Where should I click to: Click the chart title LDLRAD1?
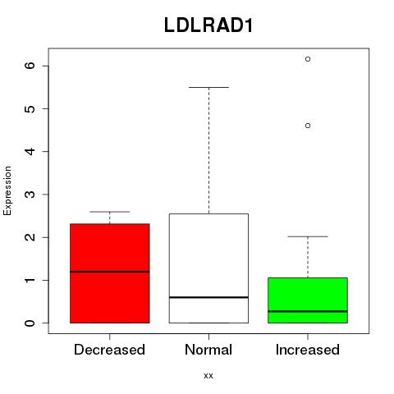[x=208, y=25]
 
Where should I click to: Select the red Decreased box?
[x=110, y=273]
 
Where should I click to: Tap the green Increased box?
[x=308, y=300]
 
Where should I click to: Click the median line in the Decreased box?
[x=110, y=272]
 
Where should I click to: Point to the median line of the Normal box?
[x=208, y=297]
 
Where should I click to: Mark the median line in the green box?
[x=308, y=311]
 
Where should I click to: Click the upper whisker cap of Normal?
[x=208, y=87]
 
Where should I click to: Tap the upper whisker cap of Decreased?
[x=110, y=212]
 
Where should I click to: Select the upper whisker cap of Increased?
[x=308, y=236]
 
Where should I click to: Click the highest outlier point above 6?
[x=308, y=59]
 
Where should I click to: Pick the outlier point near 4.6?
[x=308, y=126]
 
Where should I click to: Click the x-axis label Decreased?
[x=109, y=350]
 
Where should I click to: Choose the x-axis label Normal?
[x=208, y=350]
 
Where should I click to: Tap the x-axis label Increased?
[x=308, y=350]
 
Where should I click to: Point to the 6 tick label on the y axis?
[x=30, y=66]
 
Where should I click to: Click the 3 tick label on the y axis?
[x=30, y=195]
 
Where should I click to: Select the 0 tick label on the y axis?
[x=30, y=323]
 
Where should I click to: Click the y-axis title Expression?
[x=7, y=190]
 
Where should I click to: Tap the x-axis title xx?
[x=208, y=376]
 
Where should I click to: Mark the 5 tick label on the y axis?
[x=30, y=108]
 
